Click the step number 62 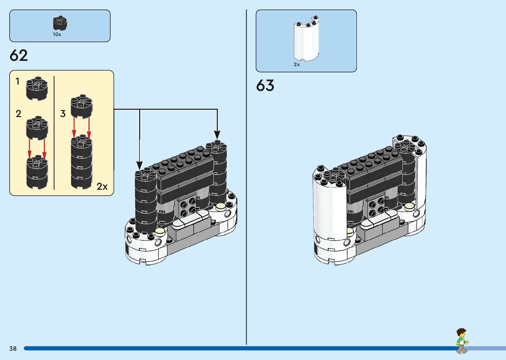(x=19, y=56)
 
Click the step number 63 (x=265, y=86)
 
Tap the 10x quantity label (x=57, y=34)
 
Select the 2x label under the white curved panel (x=297, y=64)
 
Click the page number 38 (x=13, y=348)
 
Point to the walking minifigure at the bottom (x=462, y=341)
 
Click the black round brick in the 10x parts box (x=60, y=23)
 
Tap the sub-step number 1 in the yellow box (x=18, y=81)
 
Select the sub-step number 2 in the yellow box (x=19, y=114)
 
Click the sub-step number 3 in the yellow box (x=63, y=114)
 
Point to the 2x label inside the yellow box (x=102, y=187)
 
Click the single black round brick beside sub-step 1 (x=37, y=88)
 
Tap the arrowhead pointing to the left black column (x=139, y=165)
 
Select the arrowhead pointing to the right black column (x=217, y=135)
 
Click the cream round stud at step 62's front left (x=160, y=231)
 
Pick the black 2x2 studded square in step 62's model (x=187, y=206)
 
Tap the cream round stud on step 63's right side (x=409, y=206)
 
